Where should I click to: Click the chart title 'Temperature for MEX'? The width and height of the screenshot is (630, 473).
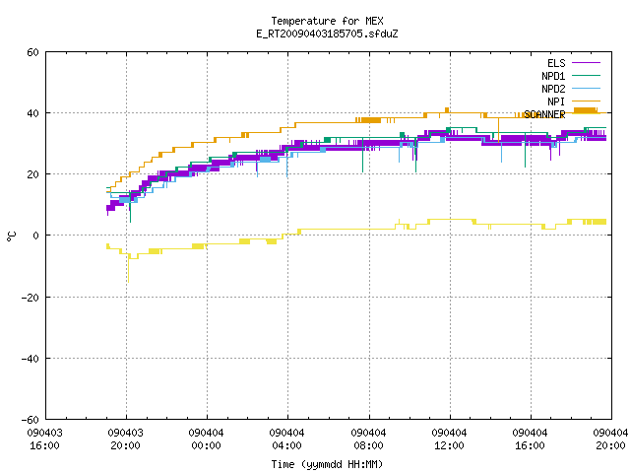pyautogui.click(x=327, y=21)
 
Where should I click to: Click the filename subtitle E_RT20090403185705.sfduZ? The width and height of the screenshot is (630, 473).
pyautogui.click(x=327, y=34)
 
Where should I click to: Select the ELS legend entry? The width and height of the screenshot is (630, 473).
pyautogui.click(x=556, y=63)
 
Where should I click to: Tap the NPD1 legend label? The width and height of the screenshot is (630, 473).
pyautogui.click(x=553, y=76)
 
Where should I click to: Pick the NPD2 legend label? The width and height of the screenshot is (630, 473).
pyautogui.click(x=553, y=89)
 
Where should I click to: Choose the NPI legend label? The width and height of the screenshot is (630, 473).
pyautogui.click(x=556, y=101)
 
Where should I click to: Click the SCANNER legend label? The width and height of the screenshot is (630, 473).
pyautogui.click(x=544, y=114)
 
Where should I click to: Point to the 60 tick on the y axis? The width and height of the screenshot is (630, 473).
pyautogui.click(x=32, y=52)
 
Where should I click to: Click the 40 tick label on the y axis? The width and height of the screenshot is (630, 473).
pyautogui.click(x=32, y=113)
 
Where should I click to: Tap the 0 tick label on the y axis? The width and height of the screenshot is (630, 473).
pyautogui.click(x=36, y=236)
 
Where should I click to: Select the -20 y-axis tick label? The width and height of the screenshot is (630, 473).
pyautogui.click(x=31, y=298)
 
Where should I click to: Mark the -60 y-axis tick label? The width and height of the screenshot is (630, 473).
pyautogui.click(x=31, y=420)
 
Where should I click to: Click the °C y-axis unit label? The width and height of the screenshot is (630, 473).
pyautogui.click(x=11, y=236)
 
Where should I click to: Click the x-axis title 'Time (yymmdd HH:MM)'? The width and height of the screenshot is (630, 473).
pyautogui.click(x=327, y=464)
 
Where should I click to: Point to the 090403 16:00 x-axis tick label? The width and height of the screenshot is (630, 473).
pyautogui.click(x=44, y=439)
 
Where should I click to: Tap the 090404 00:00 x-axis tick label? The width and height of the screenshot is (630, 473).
pyautogui.click(x=206, y=439)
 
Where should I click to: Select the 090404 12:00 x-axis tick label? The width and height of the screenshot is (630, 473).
pyautogui.click(x=449, y=439)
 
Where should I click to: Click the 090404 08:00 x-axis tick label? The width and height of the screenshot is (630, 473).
pyautogui.click(x=368, y=439)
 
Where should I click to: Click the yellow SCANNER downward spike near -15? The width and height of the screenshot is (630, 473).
pyautogui.click(x=128, y=269)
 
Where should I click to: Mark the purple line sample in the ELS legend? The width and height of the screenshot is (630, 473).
pyautogui.click(x=586, y=63)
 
